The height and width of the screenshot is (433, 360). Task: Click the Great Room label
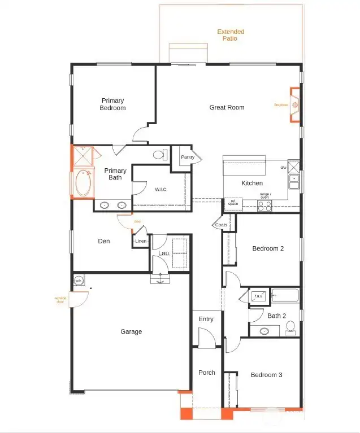pyautogui.click(x=227, y=107)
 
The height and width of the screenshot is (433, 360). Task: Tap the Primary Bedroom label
pyautogui.click(x=112, y=104)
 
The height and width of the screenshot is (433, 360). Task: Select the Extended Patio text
pyautogui.click(x=231, y=36)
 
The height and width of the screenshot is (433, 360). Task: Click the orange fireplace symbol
pyautogui.click(x=294, y=105)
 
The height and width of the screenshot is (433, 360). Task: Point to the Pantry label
pyautogui.click(x=188, y=158)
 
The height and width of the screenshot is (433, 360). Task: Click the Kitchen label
pyautogui.click(x=252, y=183)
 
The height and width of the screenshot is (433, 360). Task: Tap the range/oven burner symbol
pyautogui.click(x=264, y=205)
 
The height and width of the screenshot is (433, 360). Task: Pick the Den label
pyautogui.click(x=104, y=241)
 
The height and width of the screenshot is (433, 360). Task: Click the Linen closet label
pyautogui.click(x=141, y=242)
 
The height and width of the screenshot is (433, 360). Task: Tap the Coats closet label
pyautogui.click(x=222, y=225)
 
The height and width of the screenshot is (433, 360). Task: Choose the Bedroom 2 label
pyautogui.click(x=268, y=248)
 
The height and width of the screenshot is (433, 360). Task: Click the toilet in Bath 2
pyautogui.click(x=290, y=326)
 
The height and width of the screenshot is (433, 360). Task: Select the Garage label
pyautogui.click(x=131, y=331)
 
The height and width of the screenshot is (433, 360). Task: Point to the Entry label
pyautogui.click(x=206, y=319)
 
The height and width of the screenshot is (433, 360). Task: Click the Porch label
pyautogui.click(x=206, y=373)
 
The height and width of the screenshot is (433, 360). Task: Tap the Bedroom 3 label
pyautogui.click(x=267, y=375)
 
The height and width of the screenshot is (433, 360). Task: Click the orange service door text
pyautogui.click(x=61, y=299)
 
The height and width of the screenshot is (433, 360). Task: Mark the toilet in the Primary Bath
pyautogui.click(x=158, y=154)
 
